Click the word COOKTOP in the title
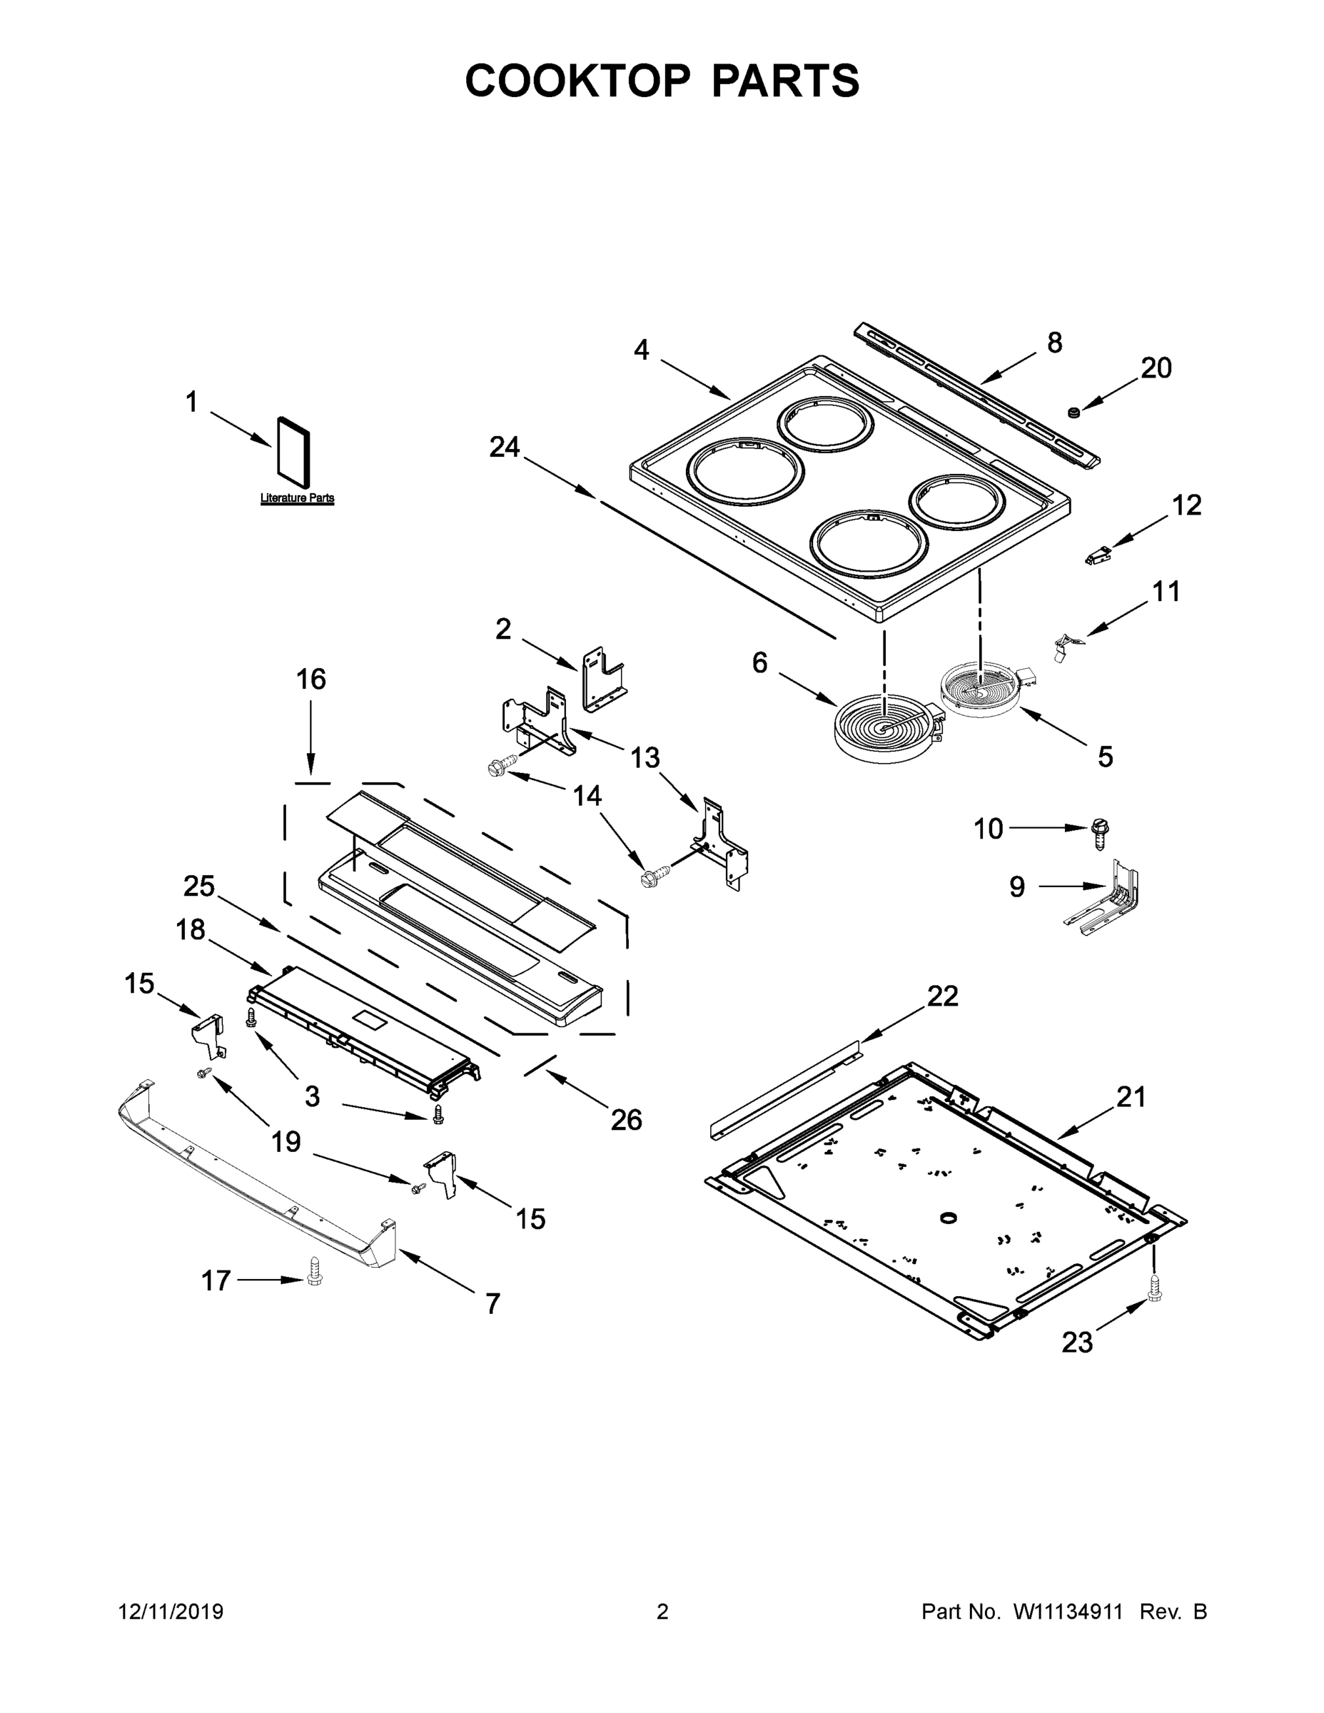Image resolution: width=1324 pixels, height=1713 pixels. [578, 80]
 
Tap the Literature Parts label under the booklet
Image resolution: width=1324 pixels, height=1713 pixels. [297, 498]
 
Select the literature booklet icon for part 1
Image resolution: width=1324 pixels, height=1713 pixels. [293, 452]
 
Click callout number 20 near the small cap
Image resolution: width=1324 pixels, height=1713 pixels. [1156, 368]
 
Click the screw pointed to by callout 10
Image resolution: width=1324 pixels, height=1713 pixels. [1101, 832]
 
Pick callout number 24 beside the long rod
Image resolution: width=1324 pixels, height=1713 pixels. [505, 447]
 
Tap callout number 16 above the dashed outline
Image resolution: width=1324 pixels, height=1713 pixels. [310, 679]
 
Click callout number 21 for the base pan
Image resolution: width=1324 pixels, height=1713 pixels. [1131, 1096]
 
